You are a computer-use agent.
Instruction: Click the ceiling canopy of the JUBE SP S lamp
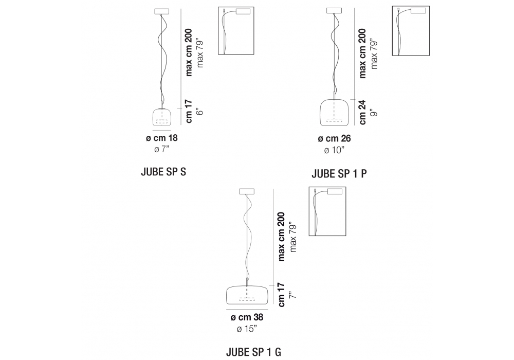point(162,11)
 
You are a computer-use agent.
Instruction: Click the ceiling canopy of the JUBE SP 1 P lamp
point(334,11)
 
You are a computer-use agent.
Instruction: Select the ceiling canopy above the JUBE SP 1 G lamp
point(247,191)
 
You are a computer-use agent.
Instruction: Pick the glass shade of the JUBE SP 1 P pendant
point(334,112)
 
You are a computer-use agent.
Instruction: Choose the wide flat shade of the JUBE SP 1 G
point(247,295)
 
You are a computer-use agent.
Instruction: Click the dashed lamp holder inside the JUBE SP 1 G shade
point(247,299)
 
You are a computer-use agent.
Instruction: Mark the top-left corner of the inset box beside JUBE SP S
point(218,7)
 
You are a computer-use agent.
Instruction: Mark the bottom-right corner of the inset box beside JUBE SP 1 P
point(429,56)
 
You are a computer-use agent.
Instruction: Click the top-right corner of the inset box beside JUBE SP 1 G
point(346,187)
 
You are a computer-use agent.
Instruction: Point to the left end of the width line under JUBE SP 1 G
point(226,309)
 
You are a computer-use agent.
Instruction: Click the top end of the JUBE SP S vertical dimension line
point(181,9)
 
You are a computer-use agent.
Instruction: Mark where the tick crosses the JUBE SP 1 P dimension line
point(354,99)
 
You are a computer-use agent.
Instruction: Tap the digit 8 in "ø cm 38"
point(260,317)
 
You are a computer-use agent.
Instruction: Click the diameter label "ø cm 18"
point(162,138)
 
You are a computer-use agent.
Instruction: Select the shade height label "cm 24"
point(362,113)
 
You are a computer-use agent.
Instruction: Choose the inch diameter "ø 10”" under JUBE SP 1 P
point(335,150)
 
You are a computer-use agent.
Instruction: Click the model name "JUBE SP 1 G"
point(253,352)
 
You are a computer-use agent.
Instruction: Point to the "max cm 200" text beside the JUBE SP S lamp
point(189,52)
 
